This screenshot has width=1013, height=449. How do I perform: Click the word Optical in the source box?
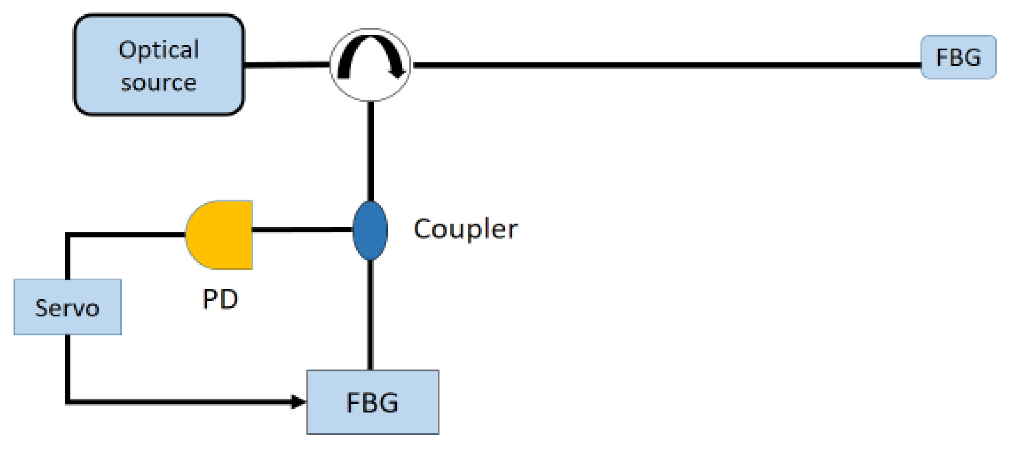click(159, 50)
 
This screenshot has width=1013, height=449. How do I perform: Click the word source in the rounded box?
click(159, 83)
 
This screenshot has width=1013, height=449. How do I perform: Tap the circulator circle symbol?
click(370, 65)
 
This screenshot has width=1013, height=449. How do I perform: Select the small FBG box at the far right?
click(958, 57)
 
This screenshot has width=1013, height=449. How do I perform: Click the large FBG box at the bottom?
click(372, 402)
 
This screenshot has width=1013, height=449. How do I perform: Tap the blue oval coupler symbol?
click(370, 230)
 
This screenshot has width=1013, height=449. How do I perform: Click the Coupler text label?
click(465, 229)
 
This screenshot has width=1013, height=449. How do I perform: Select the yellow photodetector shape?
click(220, 235)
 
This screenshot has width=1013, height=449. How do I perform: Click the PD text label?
click(220, 299)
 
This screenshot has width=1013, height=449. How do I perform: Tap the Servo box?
click(67, 307)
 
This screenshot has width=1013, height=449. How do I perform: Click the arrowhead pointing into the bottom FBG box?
click(298, 402)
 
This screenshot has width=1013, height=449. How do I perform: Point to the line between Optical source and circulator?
click(286, 65)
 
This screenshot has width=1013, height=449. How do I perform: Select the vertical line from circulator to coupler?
click(371, 151)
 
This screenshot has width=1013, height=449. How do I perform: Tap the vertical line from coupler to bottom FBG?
click(371, 315)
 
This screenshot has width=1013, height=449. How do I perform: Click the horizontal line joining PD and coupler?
click(302, 230)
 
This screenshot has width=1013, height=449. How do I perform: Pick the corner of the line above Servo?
click(68, 235)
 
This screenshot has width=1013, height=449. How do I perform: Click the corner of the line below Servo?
click(68, 402)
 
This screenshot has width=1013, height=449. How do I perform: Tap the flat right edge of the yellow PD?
click(251, 235)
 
